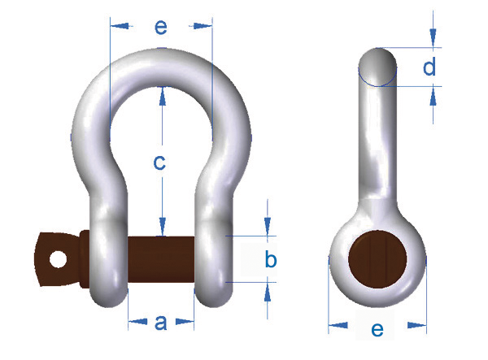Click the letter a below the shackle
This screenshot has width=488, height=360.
(160, 323)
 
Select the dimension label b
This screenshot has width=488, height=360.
(271, 259)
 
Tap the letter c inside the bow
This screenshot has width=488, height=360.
(159, 163)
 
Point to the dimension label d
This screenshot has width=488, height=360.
(429, 67)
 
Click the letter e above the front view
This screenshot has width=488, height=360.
(161, 27)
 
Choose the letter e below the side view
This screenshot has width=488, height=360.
(377, 330)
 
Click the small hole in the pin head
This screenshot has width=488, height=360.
(59, 259)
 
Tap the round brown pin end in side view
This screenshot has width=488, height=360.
(377, 259)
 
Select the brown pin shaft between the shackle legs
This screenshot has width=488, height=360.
(161, 259)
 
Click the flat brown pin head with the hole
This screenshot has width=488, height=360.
(56, 259)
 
